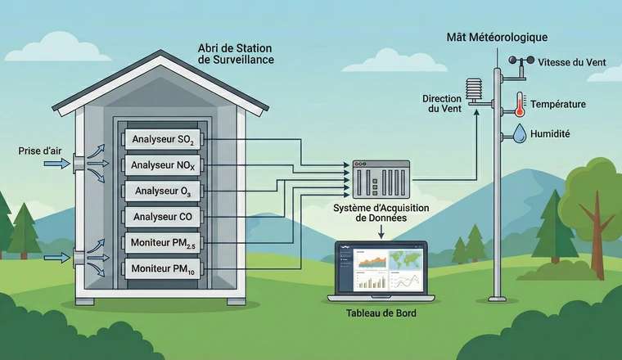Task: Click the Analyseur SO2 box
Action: (x=162, y=140)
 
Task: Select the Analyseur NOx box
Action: (x=162, y=166)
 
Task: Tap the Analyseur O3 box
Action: (x=162, y=192)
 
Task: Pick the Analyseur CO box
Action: (x=162, y=218)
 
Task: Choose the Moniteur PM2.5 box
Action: (x=162, y=243)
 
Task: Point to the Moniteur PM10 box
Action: (x=162, y=268)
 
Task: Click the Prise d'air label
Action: (x=38, y=151)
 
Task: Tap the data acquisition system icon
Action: (x=381, y=178)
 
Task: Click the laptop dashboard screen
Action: (x=381, y=269)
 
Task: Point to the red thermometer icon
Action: (x=519, y=104)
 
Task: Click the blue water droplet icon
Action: (x=519, y=133)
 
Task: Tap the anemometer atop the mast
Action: (x=519, y=63)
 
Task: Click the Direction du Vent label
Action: (x=442, y=104)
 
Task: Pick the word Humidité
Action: (x=551, y=133)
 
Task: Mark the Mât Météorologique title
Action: (x=497, y=38)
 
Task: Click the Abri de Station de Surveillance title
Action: (x=236, y=54)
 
